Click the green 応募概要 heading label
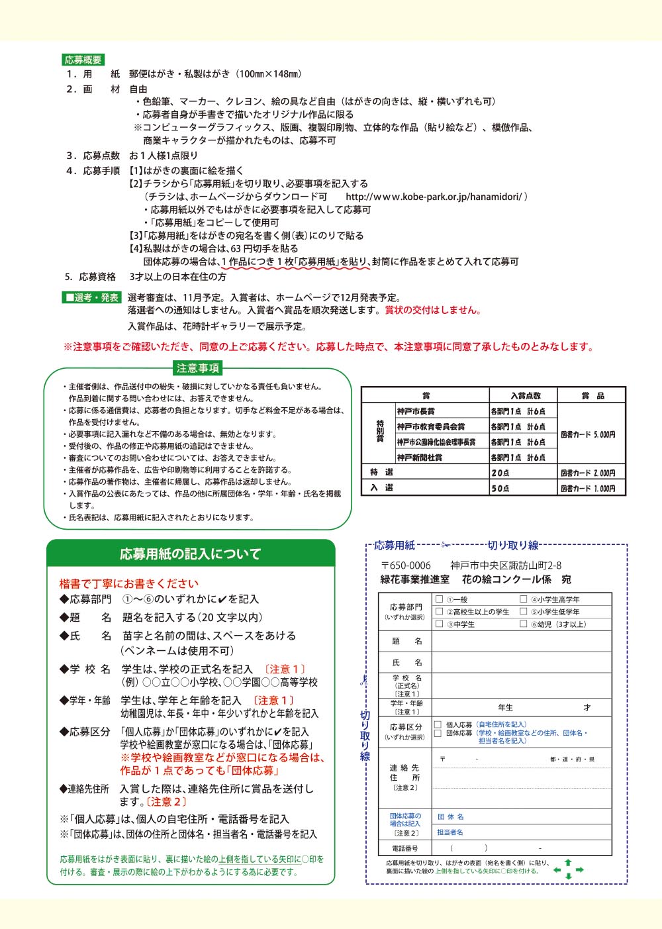coord(83,60)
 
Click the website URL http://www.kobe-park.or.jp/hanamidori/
coord(436,197)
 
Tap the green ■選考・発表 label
coord(92,298)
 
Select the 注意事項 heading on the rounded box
coord(198,368)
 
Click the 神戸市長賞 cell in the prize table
coord(416,411)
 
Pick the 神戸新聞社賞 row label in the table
coord(420,458)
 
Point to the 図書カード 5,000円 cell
coord(588,434)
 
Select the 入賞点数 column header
coord(526,395)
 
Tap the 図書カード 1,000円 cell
coord(588,488)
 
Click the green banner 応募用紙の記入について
coord(191,554)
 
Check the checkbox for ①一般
coord(439,599)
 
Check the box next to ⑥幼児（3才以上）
coord(524,624)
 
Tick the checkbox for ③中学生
coord(439,624)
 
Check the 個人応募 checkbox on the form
coord(438,724)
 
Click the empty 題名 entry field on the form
coord(521,641)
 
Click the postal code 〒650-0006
coord(406,565)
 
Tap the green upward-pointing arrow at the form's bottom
coord(567,863)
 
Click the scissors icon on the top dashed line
coord(446,545)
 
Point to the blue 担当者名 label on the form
coord(450,832)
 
